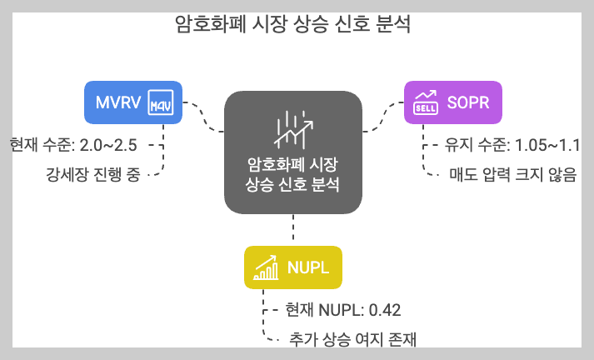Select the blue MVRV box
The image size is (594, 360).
(133, 102)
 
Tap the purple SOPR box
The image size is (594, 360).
(453, 102)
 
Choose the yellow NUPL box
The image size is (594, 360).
(292, 267)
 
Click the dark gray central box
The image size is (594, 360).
(293, 153)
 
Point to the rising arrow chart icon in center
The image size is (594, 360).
(293, 128)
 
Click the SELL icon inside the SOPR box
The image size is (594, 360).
(427, 103)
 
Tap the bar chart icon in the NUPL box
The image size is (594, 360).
(266, 267)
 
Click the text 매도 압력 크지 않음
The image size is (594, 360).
(512, 175)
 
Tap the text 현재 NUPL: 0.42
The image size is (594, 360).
(343, 310)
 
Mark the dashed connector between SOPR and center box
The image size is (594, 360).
(383, 117)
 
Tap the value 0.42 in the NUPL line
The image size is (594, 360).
(385, 310)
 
